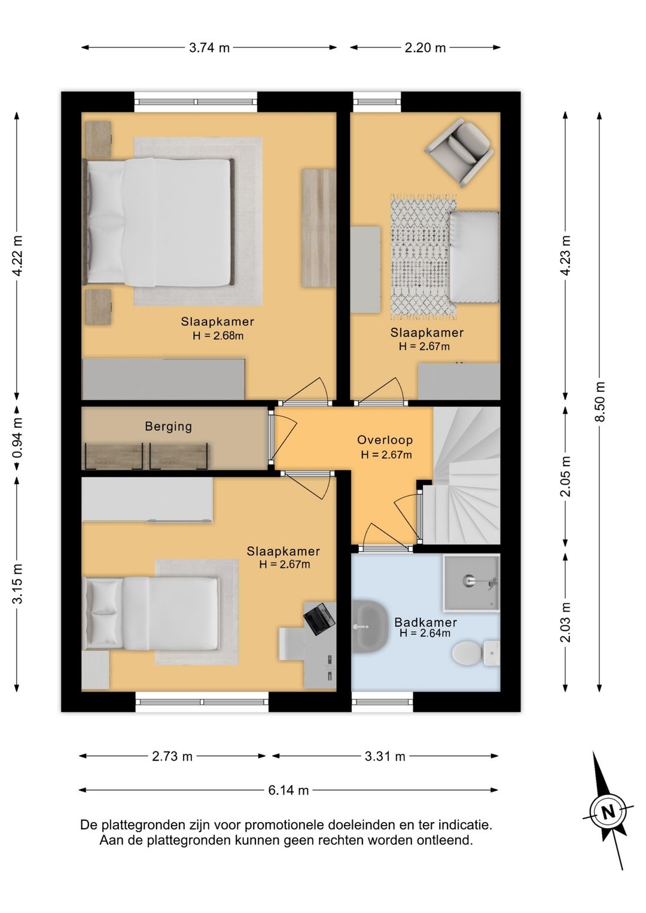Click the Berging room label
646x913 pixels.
(168, 427)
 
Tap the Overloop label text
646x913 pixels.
(385, 440)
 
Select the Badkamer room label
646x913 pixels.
(425, 622)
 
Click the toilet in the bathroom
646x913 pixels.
(476, 653)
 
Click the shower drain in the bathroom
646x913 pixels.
(468, 580)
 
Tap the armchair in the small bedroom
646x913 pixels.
(458, 153)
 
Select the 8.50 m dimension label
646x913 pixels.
(599, 401)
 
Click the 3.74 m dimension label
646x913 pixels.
(209, 48)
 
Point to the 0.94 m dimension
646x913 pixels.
(17, 437)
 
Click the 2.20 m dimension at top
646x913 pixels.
(425, 48)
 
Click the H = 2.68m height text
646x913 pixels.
(218, 336)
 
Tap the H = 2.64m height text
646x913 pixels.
(425, 633)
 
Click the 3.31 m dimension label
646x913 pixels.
(385, 756)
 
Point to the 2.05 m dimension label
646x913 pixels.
(565, 476)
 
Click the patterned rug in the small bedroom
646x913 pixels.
(424, 257)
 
